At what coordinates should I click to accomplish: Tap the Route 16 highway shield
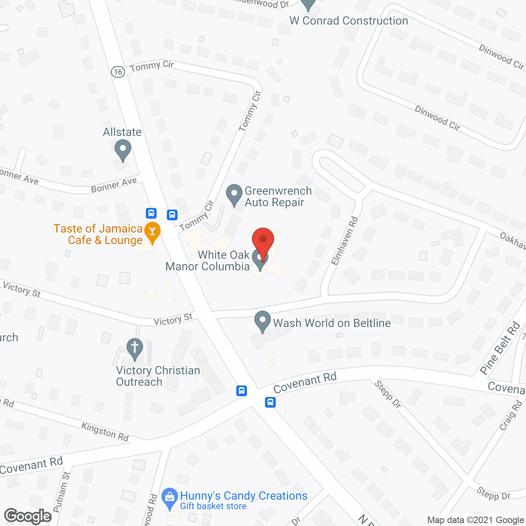tap(118, 72)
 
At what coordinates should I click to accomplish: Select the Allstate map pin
tap(122, 150)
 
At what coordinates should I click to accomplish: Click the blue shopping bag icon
tap(169, 498)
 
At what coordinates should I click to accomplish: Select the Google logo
tap(28, 516)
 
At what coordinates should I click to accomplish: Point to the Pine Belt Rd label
tap(500, 348)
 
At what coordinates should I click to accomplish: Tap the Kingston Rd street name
tap(105, 431)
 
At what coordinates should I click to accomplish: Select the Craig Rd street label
tap(510, 415)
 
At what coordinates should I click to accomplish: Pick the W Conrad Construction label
tap(349, 21)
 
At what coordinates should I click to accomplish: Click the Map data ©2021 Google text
tap(475, 520)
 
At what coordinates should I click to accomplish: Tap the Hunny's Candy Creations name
tap(244, 496)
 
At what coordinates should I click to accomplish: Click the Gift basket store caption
tap(213, 506)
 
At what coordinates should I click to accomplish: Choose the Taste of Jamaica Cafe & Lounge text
tap(98, 234)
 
